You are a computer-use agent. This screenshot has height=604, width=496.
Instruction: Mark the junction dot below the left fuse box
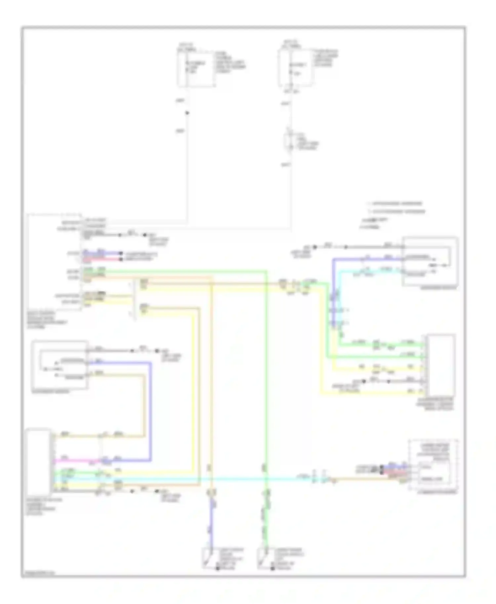187,113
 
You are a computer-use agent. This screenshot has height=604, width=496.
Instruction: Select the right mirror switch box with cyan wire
430,261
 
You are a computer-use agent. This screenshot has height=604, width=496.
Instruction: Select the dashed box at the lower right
434,466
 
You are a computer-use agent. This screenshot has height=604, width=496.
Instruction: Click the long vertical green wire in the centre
266,380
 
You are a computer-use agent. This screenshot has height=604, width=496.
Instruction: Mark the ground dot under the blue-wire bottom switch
217,568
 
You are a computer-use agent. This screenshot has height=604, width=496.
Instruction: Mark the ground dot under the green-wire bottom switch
272,568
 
